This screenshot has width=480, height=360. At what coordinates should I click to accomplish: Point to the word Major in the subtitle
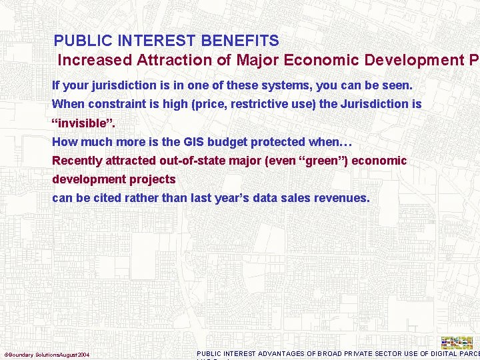click(x=257, y=60)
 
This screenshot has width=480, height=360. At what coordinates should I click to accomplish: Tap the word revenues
click(x=339, y=198)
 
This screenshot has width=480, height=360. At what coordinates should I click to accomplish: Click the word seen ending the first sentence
click(x=397, y=86)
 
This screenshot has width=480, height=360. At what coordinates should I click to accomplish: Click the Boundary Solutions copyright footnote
click(x=47, y=354)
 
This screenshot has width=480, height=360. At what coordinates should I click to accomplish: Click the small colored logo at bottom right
click(x=457, y=343)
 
